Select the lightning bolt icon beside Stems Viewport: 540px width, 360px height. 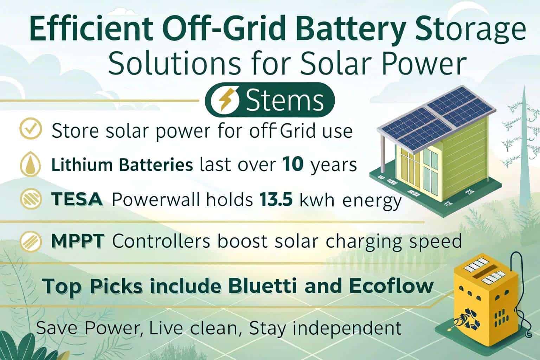pos(225,100)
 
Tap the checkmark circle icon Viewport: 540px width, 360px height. pos(31,129)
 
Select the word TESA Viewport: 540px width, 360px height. pos(77,199)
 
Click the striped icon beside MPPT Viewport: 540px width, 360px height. pos(31,241)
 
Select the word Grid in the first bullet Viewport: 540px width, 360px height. pos(298,130)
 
